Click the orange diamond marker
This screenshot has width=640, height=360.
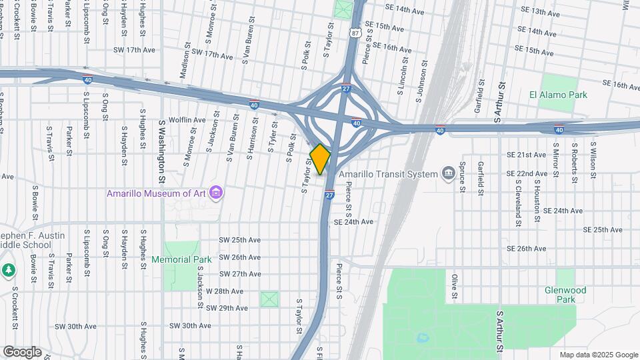(x=320, y=159)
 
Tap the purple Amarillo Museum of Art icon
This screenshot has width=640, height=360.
(x=215, y=193)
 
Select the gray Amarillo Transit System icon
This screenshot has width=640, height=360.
(x=448, y=174)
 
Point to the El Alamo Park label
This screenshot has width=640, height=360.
(x=558, y=95)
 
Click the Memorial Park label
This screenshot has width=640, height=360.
(x=181, y=259)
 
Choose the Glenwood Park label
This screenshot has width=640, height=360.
(x=565, y=295)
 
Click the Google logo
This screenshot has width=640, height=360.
(x=22, y=352)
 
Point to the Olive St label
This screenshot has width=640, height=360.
(x=455, y=285)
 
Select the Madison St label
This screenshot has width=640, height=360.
(x=185, y=61)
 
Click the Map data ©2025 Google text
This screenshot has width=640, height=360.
(x=598, y=355)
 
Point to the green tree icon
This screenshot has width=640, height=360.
(x=8, y=270)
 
